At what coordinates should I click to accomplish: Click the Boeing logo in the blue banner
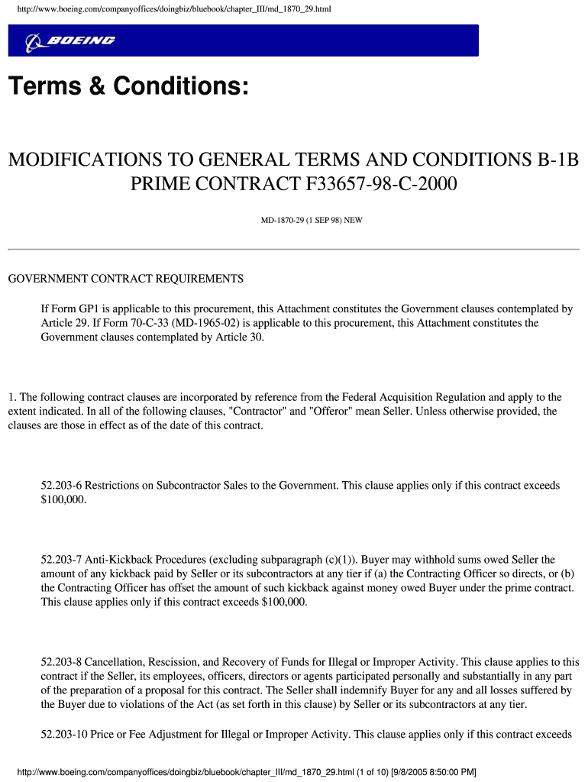pos(70,41)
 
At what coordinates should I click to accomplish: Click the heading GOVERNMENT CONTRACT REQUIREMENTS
pos(125,279)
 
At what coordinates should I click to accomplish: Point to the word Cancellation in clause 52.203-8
pos(111,662)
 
